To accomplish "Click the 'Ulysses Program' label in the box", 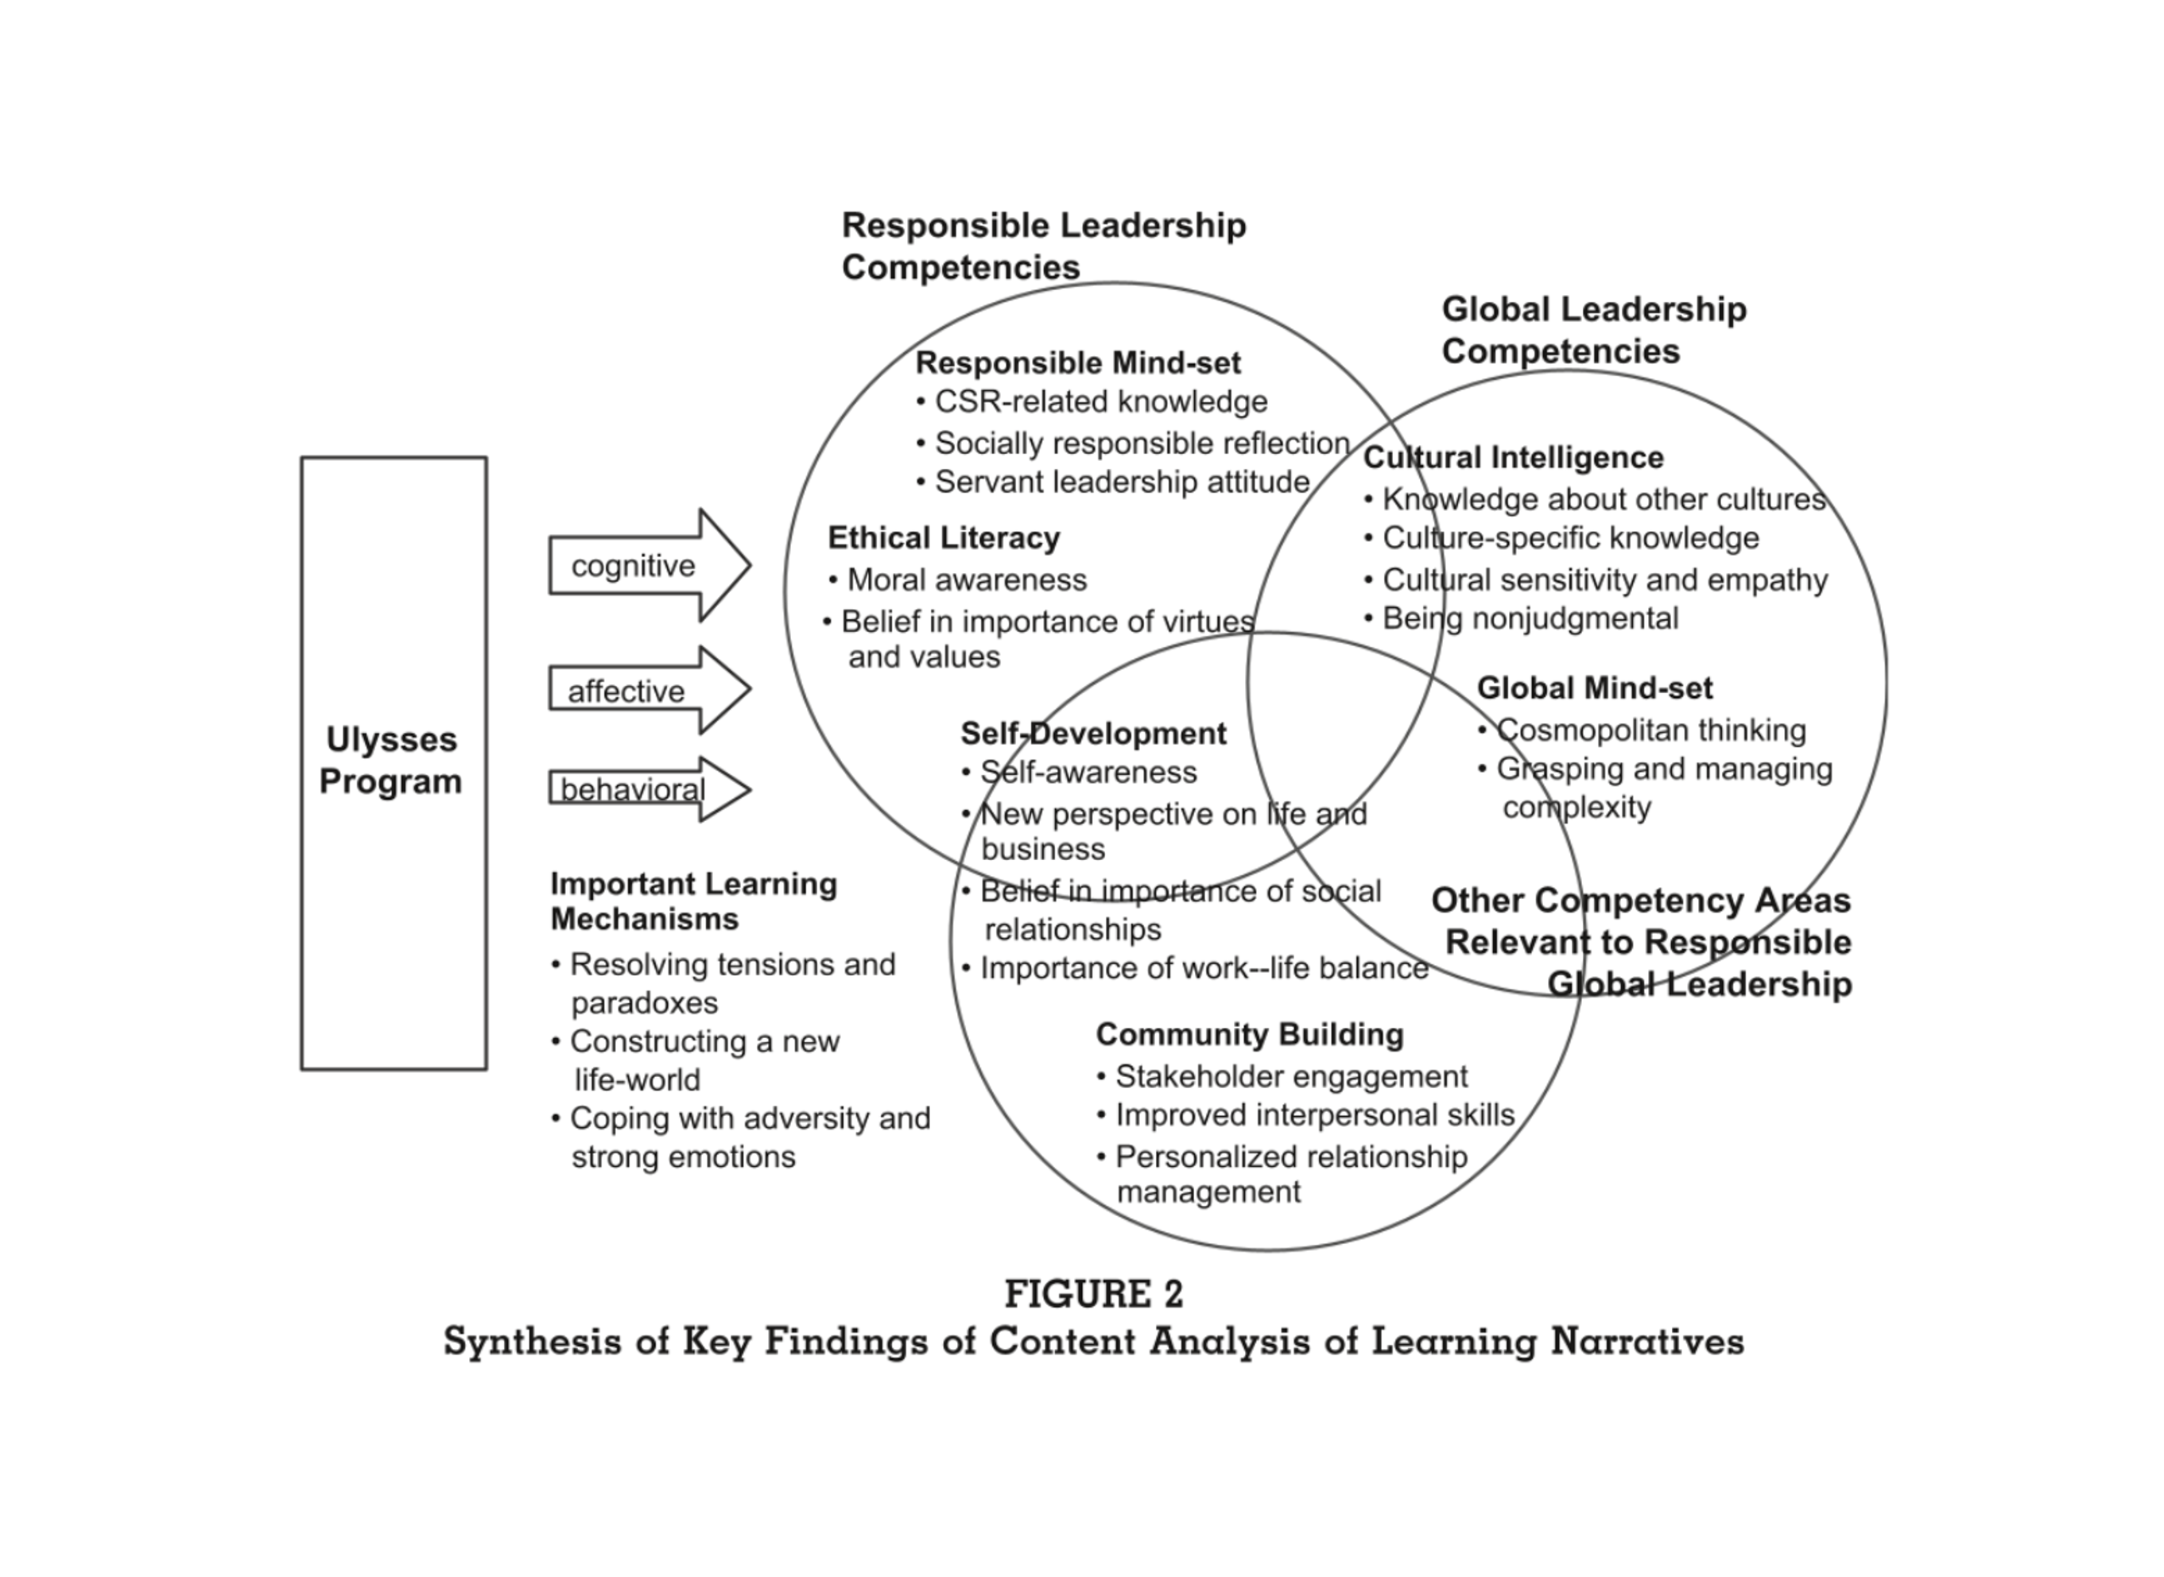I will (391, 760).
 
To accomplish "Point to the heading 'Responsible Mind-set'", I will (1078, 362).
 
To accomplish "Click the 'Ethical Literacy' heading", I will (943, 537).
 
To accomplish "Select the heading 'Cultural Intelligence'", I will (1513, 457).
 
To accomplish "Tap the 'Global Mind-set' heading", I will (1594, 688).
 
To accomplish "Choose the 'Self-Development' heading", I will (1093, 733).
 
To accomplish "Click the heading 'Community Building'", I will (1250, 1034).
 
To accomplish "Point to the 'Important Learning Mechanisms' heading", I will (693, 901).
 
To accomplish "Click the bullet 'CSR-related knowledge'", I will (1100, 402).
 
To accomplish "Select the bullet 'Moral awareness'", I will (966, 579).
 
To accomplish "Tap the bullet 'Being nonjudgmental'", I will (1530, 618).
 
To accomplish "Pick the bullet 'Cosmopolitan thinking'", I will (1650, 730).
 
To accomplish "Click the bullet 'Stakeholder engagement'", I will (1290, 1075).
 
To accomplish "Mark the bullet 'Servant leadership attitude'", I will (1122, 482).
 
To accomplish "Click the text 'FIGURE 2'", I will (1094, 1295).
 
